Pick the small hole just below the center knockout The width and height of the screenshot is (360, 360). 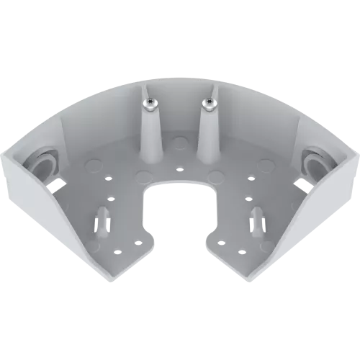[179, 170]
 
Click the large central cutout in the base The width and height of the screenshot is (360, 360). [179, 216]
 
